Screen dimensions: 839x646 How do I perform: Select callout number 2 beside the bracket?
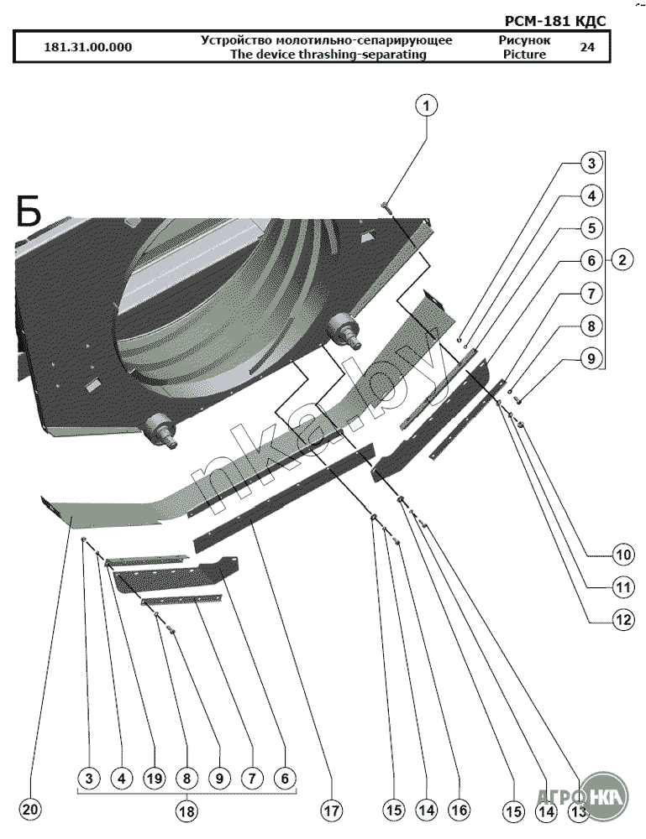(x=622, y=259)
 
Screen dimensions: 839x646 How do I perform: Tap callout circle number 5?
(x=591, y=228)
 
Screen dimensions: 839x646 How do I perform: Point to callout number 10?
(x=622, y=555)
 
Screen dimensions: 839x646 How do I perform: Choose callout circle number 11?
(x=622, y=586)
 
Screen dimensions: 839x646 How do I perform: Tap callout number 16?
(x=458, y=810)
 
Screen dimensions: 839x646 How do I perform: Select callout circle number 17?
(x=331, y=811)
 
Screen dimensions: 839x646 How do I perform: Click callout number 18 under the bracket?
(x=186, y=811)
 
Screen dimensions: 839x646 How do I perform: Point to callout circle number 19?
(x=154, y=779)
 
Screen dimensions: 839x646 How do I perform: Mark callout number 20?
(x=30, y=811)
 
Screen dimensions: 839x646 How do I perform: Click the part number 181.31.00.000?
(x=87, y=47)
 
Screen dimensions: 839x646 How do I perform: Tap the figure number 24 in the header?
(x=587, y=47)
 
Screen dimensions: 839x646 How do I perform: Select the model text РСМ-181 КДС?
(x=556, y=21)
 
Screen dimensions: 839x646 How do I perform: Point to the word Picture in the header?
(x=524, y=55)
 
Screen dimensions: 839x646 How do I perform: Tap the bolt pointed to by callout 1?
(x=386, y=204)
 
